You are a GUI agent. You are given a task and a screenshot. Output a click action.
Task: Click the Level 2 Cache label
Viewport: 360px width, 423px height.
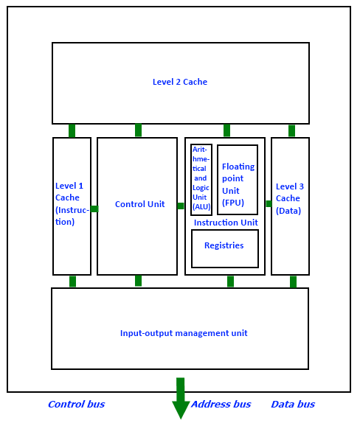click(x=180, y=82)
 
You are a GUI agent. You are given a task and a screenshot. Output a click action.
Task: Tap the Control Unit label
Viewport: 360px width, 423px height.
click(x=139, y=204)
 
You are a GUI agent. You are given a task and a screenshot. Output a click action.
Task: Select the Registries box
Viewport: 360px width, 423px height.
click(x=225, y=249)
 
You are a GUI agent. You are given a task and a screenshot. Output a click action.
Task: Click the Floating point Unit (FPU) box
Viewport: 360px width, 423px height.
click(x=238, y=180)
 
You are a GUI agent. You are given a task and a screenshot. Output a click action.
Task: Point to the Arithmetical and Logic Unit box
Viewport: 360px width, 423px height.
click(x=201, y=180)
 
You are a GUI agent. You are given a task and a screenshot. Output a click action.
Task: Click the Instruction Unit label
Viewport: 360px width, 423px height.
click(x=226, y=223)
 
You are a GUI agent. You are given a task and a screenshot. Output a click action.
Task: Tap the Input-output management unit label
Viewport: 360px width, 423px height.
click(x=184, y=333)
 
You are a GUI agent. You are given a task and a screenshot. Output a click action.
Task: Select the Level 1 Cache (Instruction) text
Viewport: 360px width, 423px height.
click(x=72, y=203)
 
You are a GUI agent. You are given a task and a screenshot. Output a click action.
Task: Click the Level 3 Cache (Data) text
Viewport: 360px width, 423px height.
click(x=290, y=198)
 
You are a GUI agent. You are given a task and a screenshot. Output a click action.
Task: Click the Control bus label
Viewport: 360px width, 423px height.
click(x=77, y=404)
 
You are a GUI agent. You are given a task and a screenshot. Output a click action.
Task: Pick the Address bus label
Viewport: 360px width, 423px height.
click(x=221, y=404)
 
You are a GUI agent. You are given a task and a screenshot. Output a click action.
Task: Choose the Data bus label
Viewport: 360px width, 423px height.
click(x=293, y=404)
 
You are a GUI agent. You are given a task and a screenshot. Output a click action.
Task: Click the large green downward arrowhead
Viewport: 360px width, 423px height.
click(x=181, y=410)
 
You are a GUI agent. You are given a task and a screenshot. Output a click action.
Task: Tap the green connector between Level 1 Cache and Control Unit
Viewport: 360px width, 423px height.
click(x=94, y=209)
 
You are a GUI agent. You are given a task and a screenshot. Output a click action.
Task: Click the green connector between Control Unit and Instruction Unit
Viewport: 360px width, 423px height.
click(x=181, y=206)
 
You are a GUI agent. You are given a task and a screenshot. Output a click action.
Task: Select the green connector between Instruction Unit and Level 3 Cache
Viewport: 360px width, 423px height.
click(x=269, y=203)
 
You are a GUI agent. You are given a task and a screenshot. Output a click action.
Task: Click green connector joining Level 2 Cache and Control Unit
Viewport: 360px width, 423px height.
click(x=138, y=130)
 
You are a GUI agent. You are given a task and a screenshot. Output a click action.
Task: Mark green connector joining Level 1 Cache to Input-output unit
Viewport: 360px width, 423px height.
click(x=72, y=282)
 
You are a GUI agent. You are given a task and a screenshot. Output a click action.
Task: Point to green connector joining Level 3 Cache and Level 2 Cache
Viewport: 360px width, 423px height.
click(x=291, y=131)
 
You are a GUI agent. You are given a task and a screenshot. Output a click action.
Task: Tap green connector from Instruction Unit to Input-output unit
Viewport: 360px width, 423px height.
click(x=230, y=282)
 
